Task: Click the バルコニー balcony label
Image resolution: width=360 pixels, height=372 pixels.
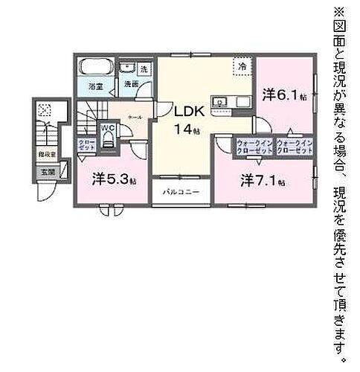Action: point(179,191)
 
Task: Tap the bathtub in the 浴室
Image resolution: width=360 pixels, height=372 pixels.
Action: point(96,68)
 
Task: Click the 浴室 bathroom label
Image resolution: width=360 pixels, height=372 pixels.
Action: point(96,86)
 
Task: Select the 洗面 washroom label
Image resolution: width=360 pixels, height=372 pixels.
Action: point(131,83)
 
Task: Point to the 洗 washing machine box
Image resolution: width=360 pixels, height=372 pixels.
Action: point(144,68)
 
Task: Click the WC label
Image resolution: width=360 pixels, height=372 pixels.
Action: point(108,127)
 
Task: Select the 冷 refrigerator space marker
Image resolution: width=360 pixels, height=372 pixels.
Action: point(242,66)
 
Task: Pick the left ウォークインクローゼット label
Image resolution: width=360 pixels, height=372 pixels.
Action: point(254,146)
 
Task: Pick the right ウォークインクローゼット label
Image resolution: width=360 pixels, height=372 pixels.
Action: point(293,146)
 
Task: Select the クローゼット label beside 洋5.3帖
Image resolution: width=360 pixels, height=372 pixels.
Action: point(86,145)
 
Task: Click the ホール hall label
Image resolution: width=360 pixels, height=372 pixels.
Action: point(135,117)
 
